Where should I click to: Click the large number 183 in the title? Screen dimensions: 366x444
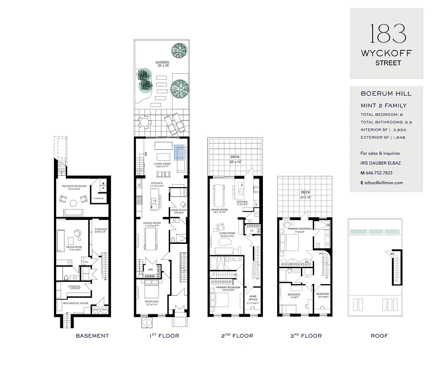tap(386, 34)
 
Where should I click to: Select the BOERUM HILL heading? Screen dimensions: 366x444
tap(386, 94)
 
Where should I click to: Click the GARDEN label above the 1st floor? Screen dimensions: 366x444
tap(162, 62)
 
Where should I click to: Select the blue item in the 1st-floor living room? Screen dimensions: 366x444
tap(180, 151)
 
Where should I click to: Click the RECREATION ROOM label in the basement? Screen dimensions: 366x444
tap(75, 186)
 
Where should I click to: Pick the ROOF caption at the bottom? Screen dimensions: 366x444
tap(379, 336)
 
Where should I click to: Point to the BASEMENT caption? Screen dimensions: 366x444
tap(92, 336)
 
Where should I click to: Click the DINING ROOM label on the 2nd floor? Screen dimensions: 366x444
tap(219, 210)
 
